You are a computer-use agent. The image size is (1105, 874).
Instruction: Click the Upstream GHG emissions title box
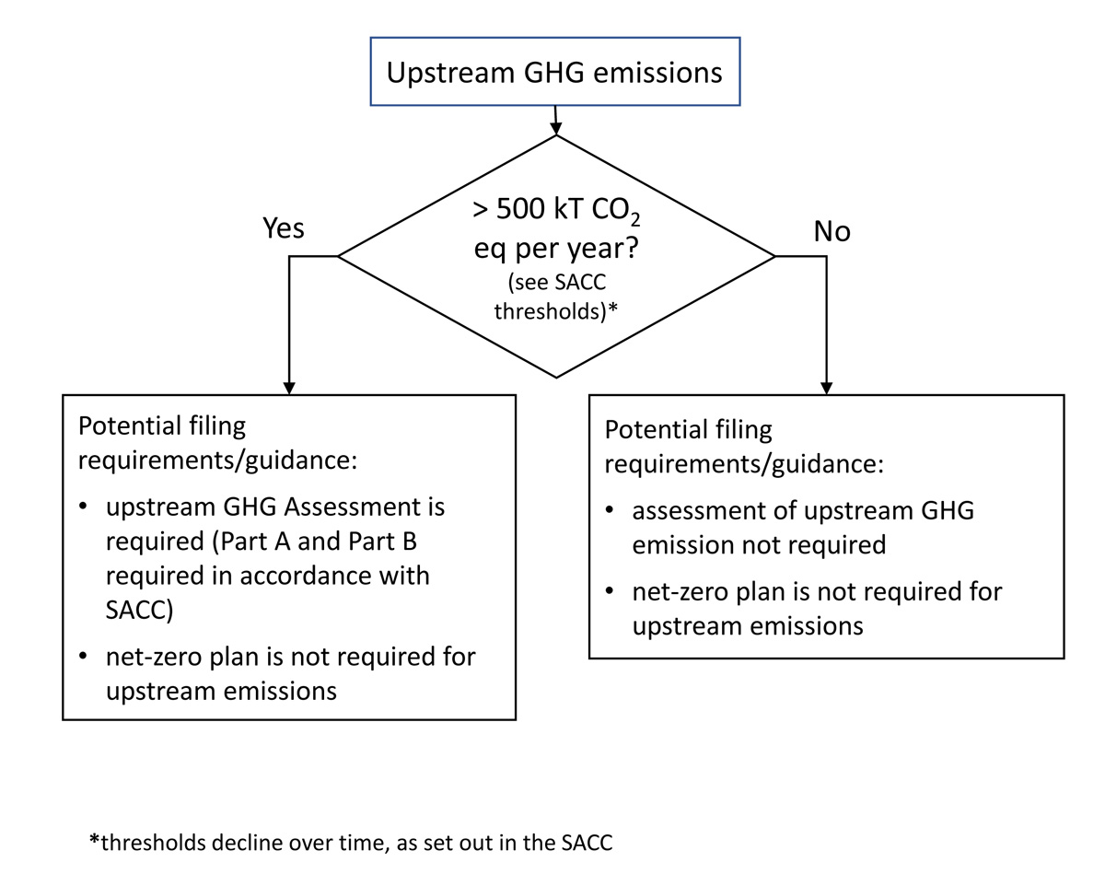tap(554, 72)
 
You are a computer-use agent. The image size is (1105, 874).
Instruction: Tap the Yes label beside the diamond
tap(284, 227)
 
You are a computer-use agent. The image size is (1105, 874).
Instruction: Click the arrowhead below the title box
tap(555, 126)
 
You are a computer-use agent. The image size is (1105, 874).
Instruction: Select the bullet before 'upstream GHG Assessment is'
tap(85, 508)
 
